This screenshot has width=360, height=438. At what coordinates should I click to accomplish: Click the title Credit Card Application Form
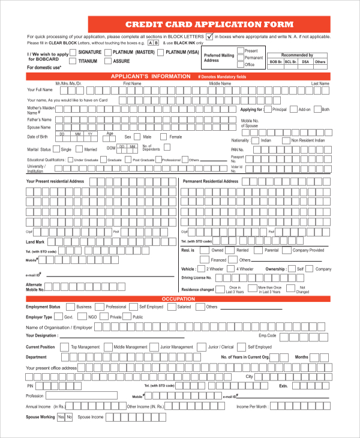click(209, 25)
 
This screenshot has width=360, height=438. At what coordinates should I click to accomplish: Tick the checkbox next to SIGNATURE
click(74, 53)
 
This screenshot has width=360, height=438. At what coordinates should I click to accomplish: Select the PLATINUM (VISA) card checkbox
click(161, 53)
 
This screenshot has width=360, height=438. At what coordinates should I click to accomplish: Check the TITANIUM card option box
click(74, 61)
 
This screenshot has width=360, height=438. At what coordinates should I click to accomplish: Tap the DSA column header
click(305, 62)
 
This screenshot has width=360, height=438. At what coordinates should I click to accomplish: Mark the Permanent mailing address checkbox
click(241, 58)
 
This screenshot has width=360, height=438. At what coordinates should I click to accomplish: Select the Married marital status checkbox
click(80, 149)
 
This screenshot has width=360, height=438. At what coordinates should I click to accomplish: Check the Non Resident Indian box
click(286, 140)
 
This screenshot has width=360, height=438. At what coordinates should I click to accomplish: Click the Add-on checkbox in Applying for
click(293, 110)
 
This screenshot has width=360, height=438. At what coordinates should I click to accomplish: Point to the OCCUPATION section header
click(179, 298)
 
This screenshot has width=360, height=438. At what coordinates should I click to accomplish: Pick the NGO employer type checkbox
click(83, 317)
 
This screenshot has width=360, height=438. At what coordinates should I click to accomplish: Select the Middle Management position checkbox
click(109, 347)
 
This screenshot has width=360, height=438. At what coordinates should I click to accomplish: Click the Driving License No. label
click(196, 278)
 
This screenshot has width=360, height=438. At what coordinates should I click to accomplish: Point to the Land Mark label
click(35, 241)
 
